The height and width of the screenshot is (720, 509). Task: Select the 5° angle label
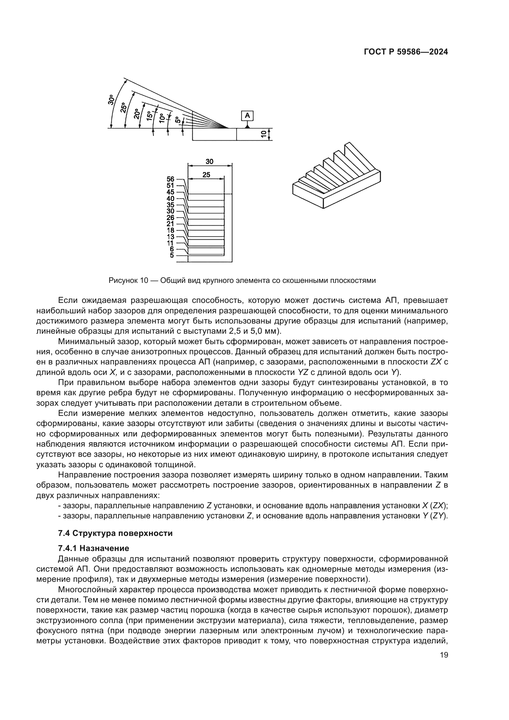coord(178,120)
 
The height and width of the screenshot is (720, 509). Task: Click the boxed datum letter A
coord(247,116)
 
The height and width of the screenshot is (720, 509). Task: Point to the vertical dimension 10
coord(264,134)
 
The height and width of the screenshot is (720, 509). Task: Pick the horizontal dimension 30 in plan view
coord(209,162)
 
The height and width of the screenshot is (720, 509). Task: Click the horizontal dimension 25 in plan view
coord(206,175)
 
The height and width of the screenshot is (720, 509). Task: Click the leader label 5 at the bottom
coord(172,255)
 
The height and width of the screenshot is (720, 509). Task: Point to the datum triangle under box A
coord(247,126)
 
